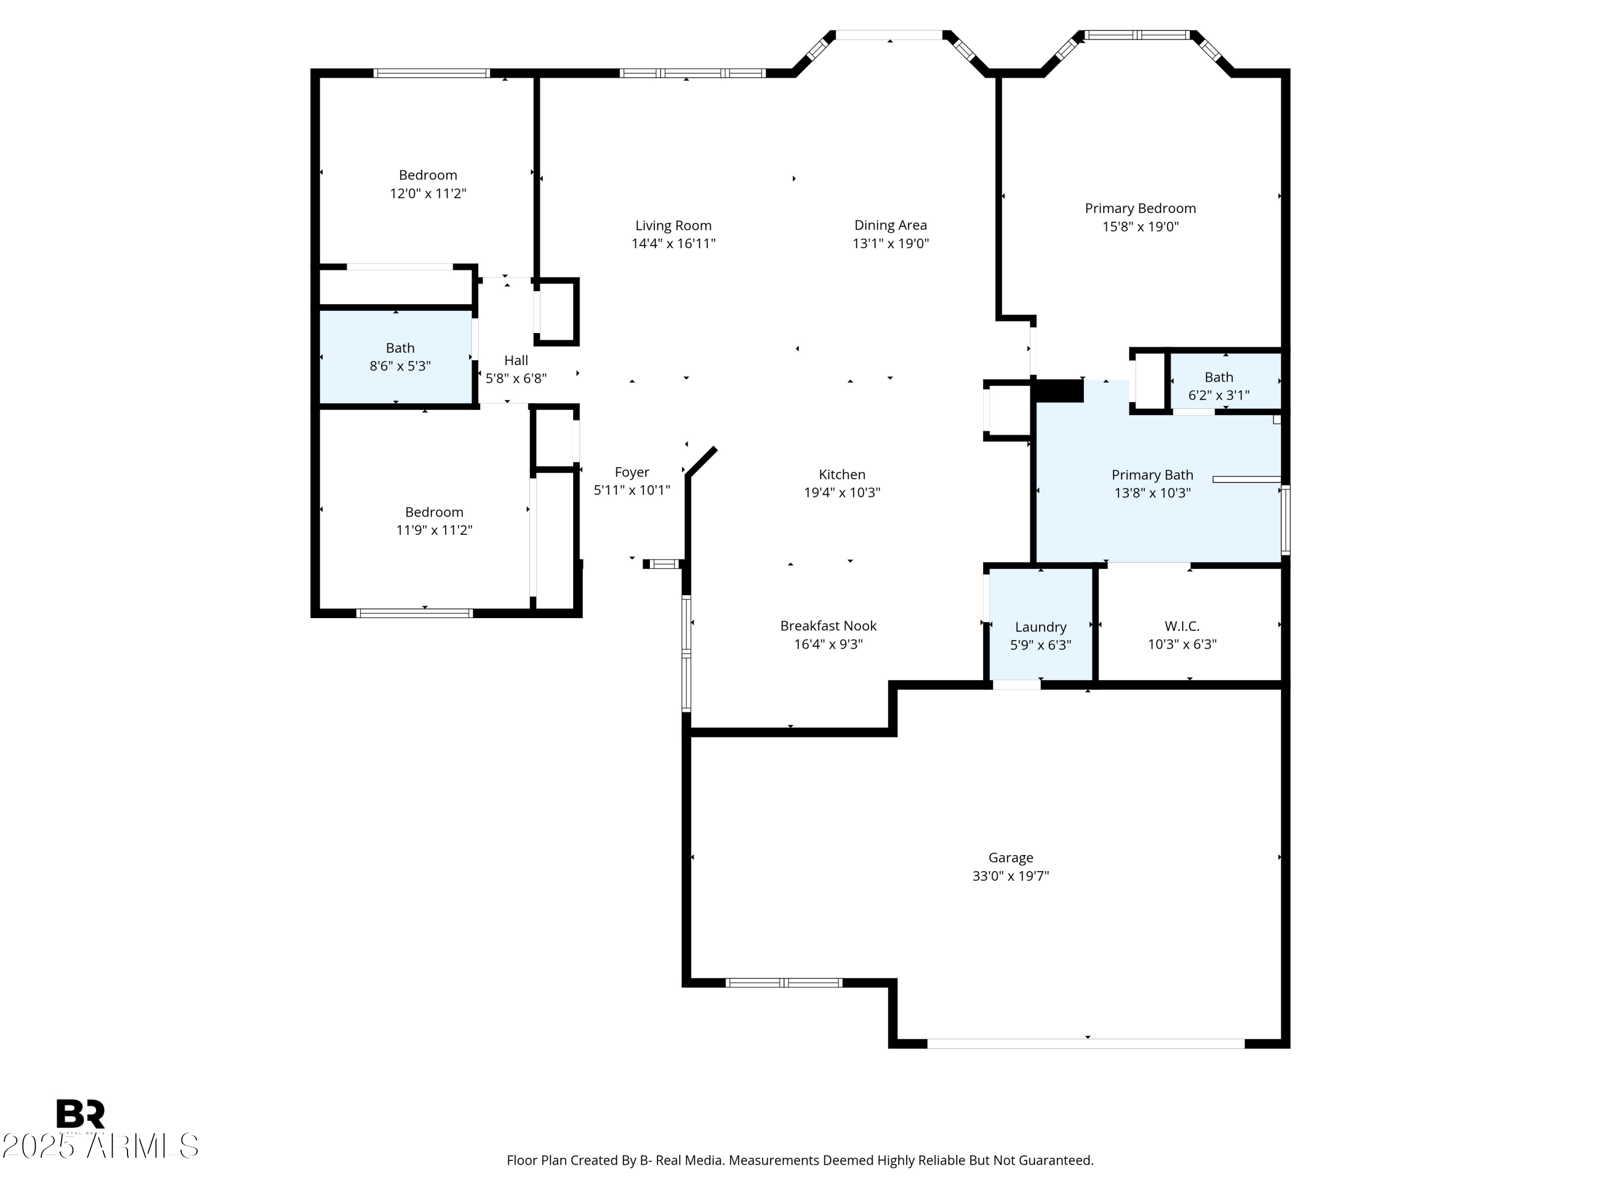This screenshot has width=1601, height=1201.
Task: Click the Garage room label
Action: point(1010,858)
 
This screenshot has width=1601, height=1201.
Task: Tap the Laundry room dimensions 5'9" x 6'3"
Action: point(1040,645)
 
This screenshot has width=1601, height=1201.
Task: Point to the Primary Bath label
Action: point(1152,475)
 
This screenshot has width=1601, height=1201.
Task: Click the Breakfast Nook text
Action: point(828,626)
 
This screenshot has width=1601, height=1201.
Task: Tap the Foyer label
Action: point(631,472)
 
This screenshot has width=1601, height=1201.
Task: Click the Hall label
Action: point(516,360)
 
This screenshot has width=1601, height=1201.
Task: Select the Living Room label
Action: point(673,226)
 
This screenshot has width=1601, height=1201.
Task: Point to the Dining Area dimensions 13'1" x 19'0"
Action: point(890,244)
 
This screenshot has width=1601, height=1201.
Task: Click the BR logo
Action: point(81,1113)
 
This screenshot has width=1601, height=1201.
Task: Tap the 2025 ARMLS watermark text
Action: point(100,1146)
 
